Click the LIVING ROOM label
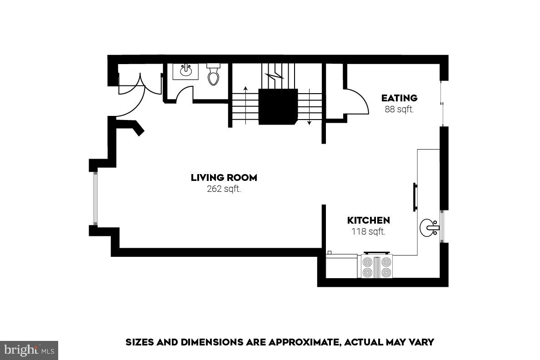[224, 178]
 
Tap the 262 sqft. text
[224, 189]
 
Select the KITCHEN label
[368, 220]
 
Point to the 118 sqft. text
[368, 231]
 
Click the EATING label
[399, 98]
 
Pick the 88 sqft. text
[399, 110]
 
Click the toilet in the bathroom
[214, 75]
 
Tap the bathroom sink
[185, 71]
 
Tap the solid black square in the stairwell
[278, 106]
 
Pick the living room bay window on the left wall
[95, 198]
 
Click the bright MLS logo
[29, 350]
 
